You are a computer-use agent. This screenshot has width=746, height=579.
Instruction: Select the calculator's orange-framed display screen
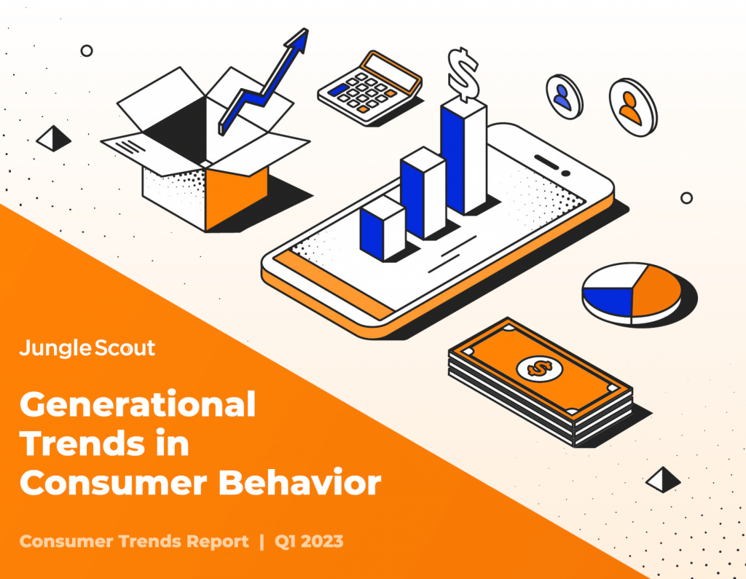(x=391, y=72)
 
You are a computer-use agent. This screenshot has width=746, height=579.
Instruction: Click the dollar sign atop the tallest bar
(x=463, y=74)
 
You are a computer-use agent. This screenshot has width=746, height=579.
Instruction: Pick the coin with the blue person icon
(x=565, y=97)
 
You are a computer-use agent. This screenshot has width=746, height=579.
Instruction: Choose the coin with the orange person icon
(x=633, y=107)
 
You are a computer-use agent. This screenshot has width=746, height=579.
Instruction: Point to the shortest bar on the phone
(x=382, y=229)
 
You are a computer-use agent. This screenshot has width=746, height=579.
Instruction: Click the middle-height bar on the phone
(x=423, y=193)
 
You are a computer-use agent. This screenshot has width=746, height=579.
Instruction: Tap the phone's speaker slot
(x=546, y=162)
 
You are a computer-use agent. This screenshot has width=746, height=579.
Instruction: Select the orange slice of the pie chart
(x=657, y=290)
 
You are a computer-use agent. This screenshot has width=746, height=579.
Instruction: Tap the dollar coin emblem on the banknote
(x=540, y=368)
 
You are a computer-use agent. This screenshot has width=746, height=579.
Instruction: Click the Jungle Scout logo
(x=87, y=348)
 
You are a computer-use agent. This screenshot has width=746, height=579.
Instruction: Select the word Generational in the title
(x=138, y=404)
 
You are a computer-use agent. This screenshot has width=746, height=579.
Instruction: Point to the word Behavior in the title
(x=299, y=482)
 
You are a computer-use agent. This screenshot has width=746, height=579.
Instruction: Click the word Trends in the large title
(x=82, y=443)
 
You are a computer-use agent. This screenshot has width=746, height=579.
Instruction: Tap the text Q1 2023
(x=309, y=541)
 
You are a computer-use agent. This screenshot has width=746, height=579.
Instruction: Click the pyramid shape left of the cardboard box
(x=54, y=138)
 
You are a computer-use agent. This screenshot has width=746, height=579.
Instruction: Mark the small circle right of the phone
(x=686, y=198)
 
